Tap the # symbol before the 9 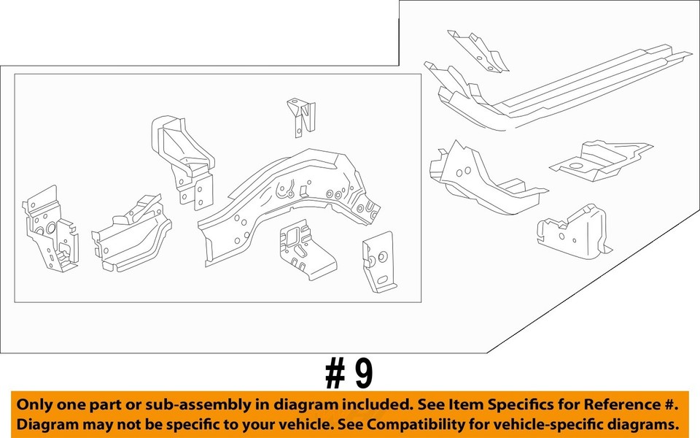[x=335, y=374]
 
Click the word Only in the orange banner [x=34, y=404]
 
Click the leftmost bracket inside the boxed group [x=49, y=226]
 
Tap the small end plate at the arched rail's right [x=379, y=261]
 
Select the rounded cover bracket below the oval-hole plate [x=572, y=230]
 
